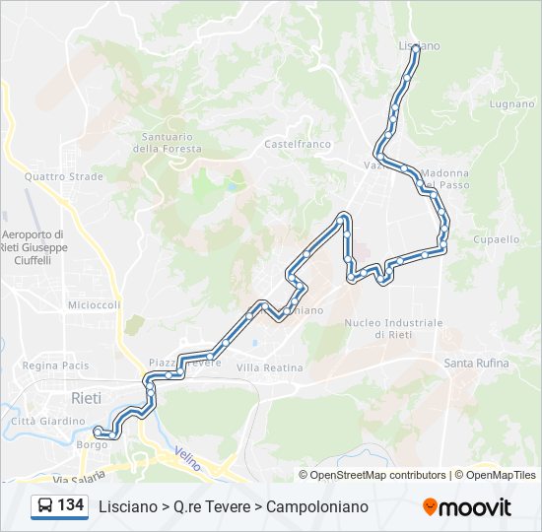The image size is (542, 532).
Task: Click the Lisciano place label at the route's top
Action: click(419, 45)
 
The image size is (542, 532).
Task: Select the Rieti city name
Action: click(86, 397)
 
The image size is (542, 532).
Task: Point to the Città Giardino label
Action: click(48, 421)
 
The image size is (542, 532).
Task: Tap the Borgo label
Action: click(92, 445)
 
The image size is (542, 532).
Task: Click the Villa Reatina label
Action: click(269, 367)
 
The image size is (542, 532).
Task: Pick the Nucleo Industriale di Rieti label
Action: click(393, 328)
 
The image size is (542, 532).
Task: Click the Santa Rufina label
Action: click(477, 363)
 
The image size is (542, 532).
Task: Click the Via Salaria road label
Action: click(79, 479)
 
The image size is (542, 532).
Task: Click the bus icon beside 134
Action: click(45, 506)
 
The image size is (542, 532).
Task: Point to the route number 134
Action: click(71, 506)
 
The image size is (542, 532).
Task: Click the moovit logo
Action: click(467, 507)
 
